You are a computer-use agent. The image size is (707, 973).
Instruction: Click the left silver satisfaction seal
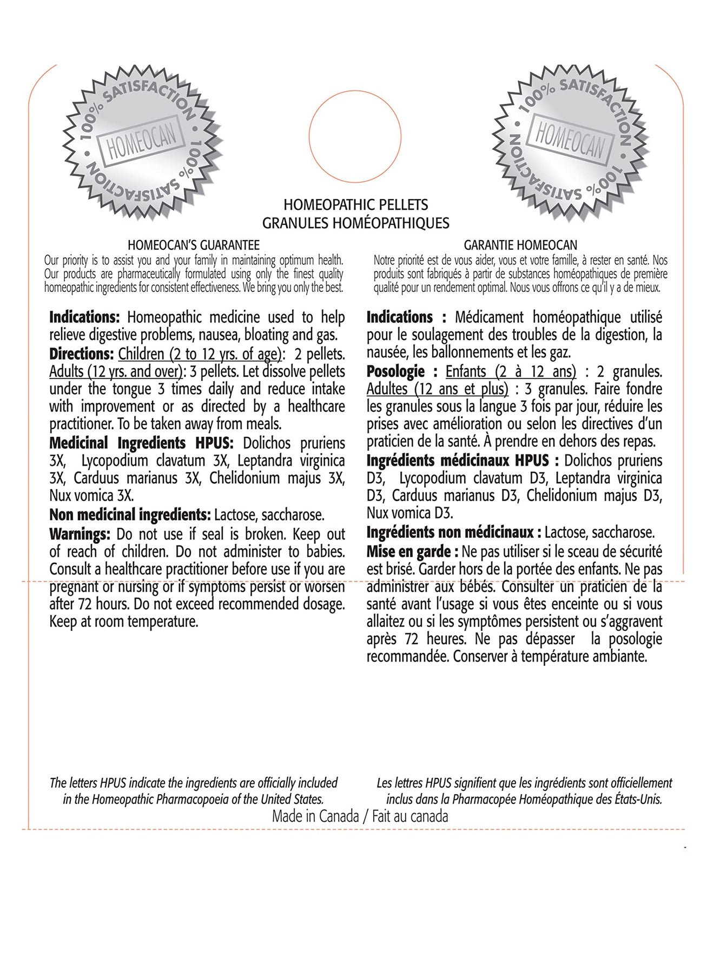(x=142, y=142)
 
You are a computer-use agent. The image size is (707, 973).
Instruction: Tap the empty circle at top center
(x=355, y=136)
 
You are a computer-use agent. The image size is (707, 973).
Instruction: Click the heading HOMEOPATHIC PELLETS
(x=355, y=205)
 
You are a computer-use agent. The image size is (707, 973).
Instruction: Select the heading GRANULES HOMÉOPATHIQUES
(x=355, y=223)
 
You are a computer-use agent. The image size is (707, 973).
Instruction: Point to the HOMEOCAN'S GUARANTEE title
(x=194, y=245)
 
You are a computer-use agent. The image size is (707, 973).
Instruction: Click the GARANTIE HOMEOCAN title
(x=520, y=245)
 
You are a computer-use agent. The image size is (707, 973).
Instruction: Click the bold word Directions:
(x=81, y=354)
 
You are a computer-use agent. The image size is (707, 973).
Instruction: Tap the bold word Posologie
(x=395, y=371)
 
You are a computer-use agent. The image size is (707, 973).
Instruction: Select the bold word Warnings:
(x=80, y=534)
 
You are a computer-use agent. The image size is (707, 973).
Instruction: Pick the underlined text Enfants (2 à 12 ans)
(x=511, y=371)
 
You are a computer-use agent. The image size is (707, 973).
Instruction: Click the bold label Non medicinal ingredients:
(x=130, y=515)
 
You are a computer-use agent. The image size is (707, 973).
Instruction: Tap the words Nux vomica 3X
(x=91, y=495)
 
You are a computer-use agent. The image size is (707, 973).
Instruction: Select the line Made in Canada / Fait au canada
(x=360, y=816)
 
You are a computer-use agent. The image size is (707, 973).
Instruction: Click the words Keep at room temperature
(x=124, y=622)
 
